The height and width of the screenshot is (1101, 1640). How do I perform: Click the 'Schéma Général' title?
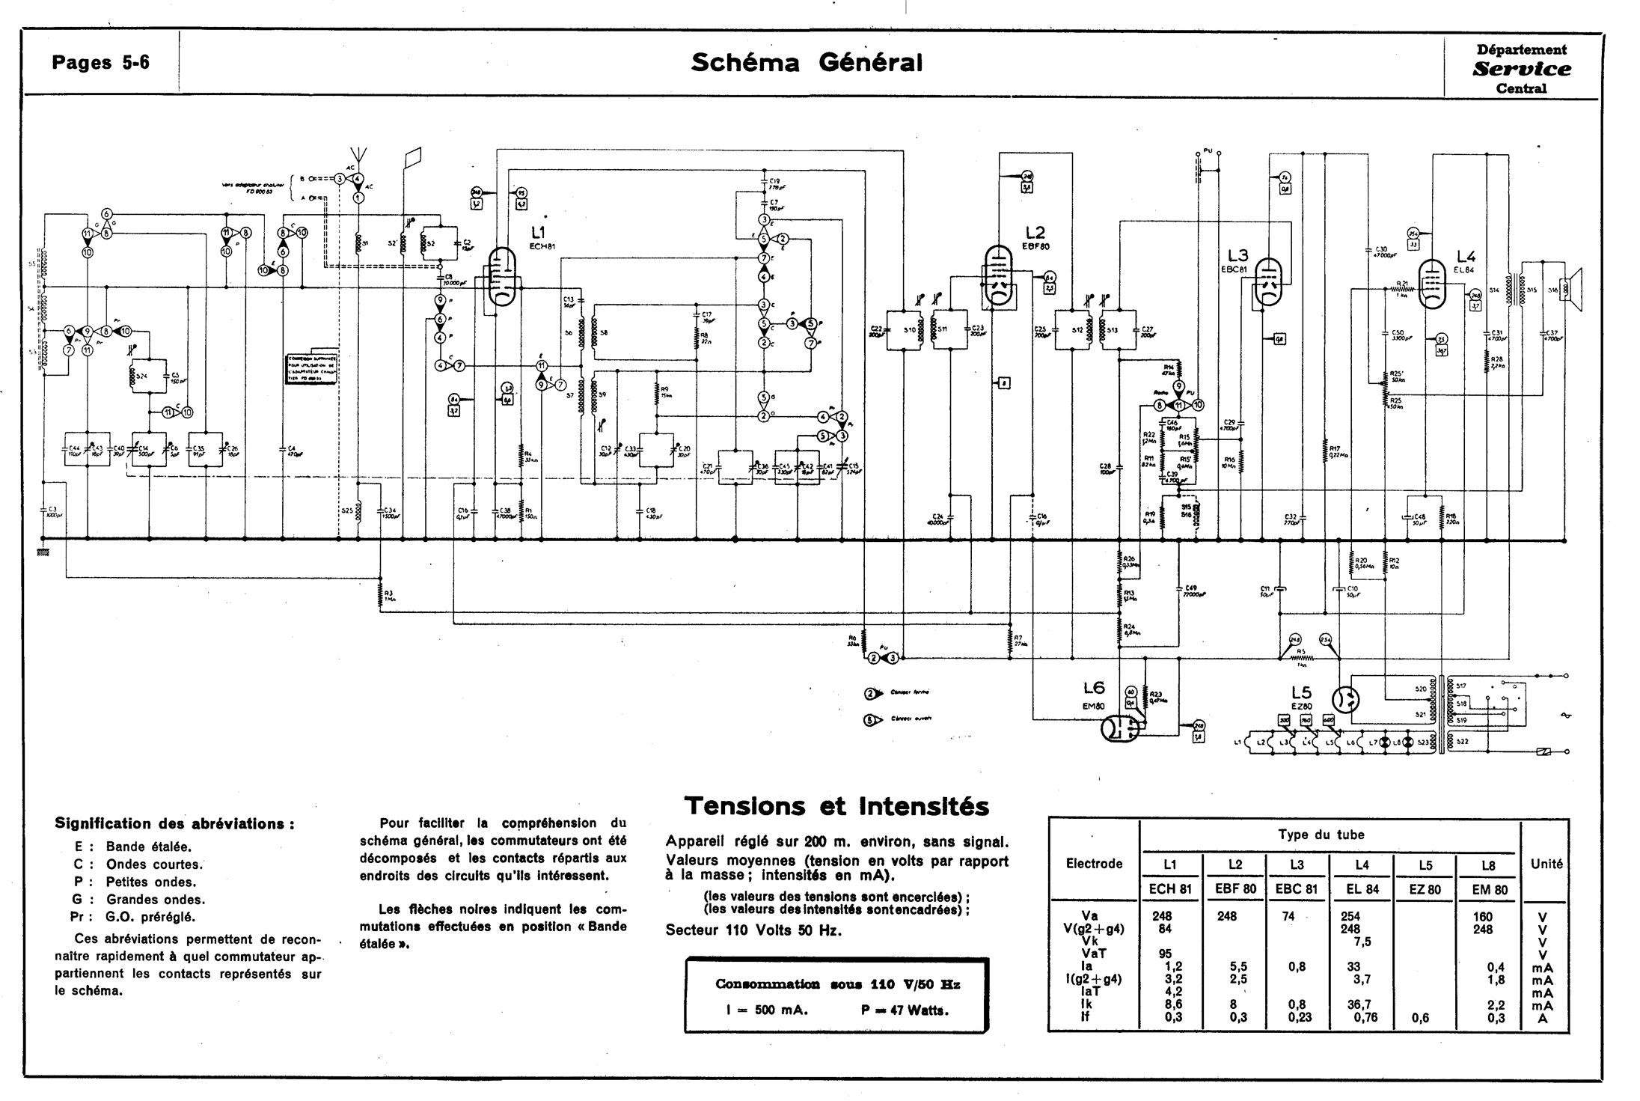tap(807, 63)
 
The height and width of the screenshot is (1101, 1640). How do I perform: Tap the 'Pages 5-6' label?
tap(100, 63)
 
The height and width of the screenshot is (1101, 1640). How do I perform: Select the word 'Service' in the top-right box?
tap(1521, 70)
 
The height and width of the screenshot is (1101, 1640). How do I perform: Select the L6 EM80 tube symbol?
tap(1120, 728)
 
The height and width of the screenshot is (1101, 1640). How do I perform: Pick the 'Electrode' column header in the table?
tap(1094, 864)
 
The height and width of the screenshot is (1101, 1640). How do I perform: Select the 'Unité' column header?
tap(1546, 864)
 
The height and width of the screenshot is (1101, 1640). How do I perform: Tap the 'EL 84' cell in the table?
tap(1362, 890)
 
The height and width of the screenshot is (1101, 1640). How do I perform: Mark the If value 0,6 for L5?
tap(1419, 1018)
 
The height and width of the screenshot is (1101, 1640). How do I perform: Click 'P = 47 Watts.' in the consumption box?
tap(905, 1010)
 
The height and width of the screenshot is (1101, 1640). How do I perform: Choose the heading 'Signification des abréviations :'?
tap(174, 824)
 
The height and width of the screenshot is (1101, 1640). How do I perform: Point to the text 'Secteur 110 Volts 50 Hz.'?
tap(753, 931)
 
